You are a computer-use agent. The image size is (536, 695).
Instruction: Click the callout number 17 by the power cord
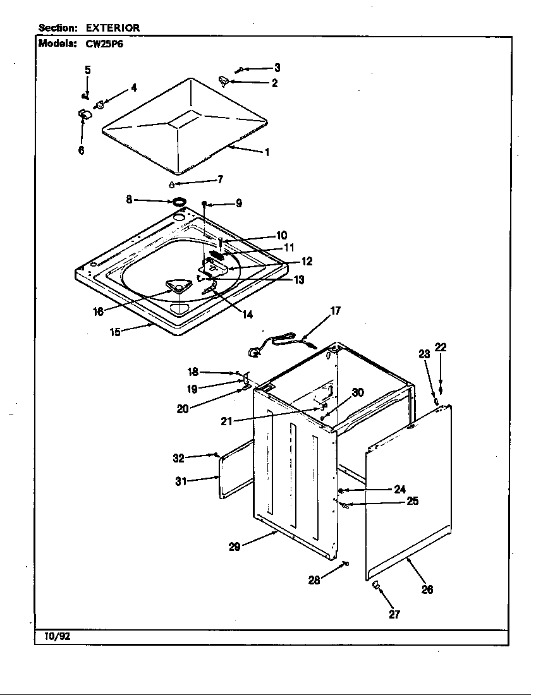click(336, 310)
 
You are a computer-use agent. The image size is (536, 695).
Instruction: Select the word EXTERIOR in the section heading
click(113, 28)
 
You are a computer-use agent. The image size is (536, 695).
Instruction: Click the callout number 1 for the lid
click(267, 152)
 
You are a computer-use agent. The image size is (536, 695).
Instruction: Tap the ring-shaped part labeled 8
click(179, 202)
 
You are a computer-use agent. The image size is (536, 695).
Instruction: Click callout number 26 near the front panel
click(427, 589)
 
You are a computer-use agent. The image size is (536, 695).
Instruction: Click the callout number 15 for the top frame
click(115, 331)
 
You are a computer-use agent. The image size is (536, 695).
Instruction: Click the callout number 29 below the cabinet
click(234, 547)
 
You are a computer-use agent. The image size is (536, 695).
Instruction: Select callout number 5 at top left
click(87, 69)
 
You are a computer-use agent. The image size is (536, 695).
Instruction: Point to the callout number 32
click(178, 459)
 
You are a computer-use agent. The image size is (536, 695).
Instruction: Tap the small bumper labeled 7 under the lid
click(171, 184)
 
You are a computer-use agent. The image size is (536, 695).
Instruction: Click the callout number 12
click(307, 261)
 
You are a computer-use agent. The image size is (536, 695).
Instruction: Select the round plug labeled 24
click(341, 491)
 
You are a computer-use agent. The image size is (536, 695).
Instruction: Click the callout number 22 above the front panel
click(441, 347)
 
